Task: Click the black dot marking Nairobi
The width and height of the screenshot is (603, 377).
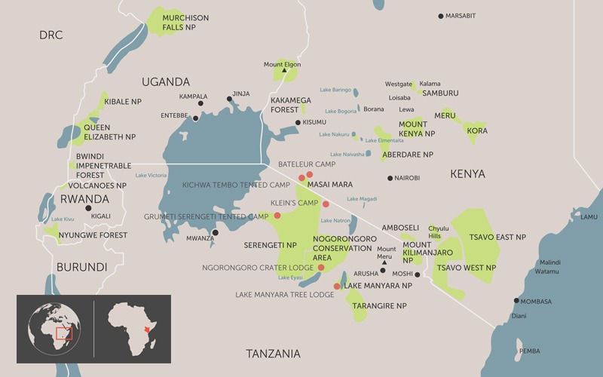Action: pos(390,178)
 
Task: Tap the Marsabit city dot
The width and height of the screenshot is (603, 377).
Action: pos(441,16)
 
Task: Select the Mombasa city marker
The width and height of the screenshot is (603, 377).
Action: pos(516,301)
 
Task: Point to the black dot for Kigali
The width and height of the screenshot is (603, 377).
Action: pos(88,208)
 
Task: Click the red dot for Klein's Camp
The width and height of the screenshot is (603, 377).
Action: pos(326,204)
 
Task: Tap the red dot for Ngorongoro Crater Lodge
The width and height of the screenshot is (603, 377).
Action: pos(321,268)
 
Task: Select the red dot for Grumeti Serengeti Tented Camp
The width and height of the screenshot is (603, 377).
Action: pos(277,216)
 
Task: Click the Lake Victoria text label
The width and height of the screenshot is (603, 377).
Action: pos(151,176)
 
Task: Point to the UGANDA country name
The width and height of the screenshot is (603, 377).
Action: pos(165,81)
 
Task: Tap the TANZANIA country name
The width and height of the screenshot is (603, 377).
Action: pos(273,354)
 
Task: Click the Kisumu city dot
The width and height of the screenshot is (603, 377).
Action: pos(298,122)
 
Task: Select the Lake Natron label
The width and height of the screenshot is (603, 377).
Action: pos(335,220)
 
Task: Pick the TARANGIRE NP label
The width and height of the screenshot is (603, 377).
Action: pos(381,306)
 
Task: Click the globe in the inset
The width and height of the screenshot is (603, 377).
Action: pos(55,329)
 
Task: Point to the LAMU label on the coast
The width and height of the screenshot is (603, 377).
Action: pos(589,217)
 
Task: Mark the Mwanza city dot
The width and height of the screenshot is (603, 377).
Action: pos(215,232)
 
